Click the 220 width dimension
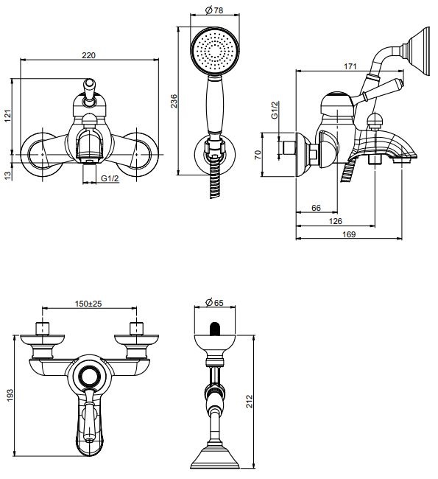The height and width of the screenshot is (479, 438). click(88, 55)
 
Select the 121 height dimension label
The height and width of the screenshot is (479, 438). click(8, 116)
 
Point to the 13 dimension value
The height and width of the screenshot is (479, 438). click(8, 175)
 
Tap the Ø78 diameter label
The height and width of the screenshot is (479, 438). click(213, 10)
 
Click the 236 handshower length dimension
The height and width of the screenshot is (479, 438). click(174, 102)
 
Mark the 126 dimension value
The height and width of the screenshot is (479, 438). click(335, 221)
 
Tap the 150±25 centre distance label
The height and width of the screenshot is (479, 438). click(88, 304)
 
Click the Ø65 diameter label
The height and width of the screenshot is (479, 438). click(213, 303)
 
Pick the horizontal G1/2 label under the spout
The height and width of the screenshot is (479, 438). click(110, 179)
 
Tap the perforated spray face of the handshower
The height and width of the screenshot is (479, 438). click(213, 51)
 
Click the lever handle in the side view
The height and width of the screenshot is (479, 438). click(384, 88)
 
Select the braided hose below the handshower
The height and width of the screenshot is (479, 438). click(214, 182)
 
